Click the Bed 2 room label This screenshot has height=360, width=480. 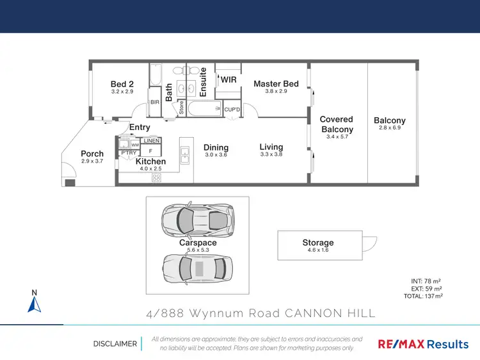(x=122, y=84)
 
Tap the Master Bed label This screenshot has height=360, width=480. (x=276, y=84)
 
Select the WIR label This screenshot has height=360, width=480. (x=228, y=80)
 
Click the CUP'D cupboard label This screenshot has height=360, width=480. (x=232, y=110)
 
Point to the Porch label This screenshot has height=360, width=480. (x=92, y=154)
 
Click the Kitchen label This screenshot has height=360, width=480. (x=150, y=161)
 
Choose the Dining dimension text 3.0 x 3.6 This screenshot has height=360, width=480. (x=216, y=155)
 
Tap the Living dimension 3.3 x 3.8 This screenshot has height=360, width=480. (x=271, y=154)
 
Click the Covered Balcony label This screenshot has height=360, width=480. (x=337, y=124)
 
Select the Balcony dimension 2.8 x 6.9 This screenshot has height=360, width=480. (x=390, y=128)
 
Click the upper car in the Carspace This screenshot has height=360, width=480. (x=197, y=220)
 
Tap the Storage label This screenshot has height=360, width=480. (x=318, y=243)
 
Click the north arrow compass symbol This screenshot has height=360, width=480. (x=35, y=303)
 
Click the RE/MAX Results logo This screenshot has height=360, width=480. (x=423, y=344)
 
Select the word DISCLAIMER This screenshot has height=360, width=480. (x=115, y=344)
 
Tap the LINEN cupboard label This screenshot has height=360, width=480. (x=151, y=140)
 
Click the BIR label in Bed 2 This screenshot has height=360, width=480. (x=154, y=102)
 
